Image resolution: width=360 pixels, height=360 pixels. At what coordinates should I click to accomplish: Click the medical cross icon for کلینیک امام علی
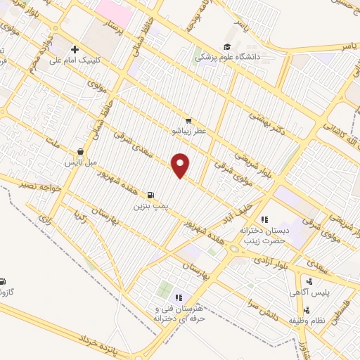click(x=75, y=49)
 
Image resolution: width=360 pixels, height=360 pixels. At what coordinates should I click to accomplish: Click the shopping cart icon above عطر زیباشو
click(x=188, y=120)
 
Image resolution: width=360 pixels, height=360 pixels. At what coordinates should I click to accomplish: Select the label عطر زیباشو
click(x=187, y=131)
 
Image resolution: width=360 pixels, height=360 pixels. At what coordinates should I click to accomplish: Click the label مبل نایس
click(x=80, y=162)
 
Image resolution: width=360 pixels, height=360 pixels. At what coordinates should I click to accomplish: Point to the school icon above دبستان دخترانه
click(x=264, y=219)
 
